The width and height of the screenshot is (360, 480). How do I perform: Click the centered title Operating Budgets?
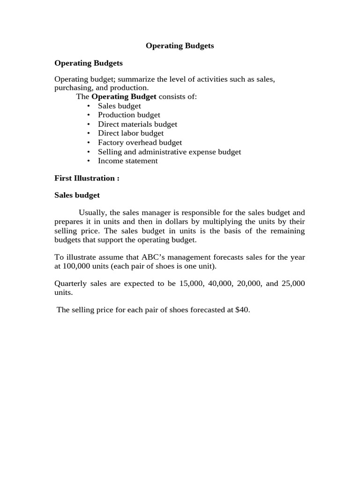click(180, 46)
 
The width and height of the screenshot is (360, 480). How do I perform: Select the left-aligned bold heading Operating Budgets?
click(89, 63)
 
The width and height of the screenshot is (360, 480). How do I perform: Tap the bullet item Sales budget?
click(119, 106)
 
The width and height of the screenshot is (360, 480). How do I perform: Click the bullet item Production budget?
click(129, 115)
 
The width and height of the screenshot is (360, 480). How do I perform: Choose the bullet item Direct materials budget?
click(137, 124)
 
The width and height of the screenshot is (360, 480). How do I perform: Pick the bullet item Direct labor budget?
click(131, 133)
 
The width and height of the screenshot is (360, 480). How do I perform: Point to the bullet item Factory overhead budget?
click(140, 142)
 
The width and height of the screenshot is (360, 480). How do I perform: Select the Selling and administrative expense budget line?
click(169, 152)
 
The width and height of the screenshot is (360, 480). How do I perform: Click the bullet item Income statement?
click(127, 161)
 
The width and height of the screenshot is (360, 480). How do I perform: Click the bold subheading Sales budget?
click(77, 195)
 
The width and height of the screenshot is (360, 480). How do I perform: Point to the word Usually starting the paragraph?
click(92, 212)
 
